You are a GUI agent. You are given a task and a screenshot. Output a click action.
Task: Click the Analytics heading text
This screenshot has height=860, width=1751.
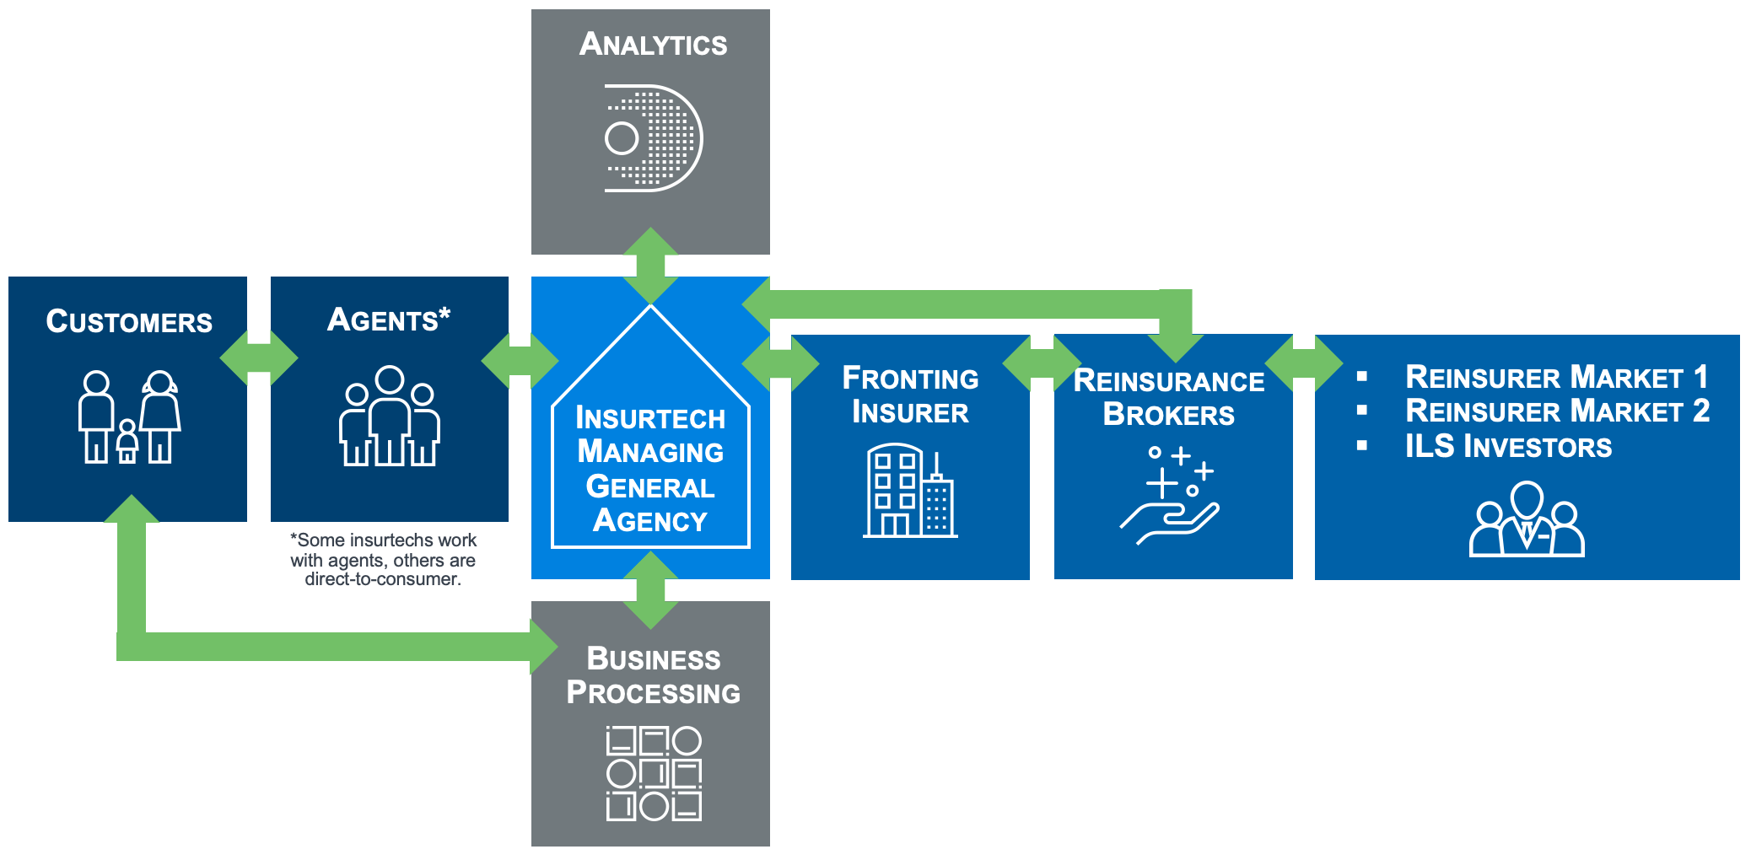[x=653, y=44]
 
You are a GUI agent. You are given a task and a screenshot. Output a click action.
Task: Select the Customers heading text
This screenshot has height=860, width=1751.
[x=129, y=321]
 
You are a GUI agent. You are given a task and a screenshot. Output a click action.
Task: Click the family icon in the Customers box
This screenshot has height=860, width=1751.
[x=129, y=417]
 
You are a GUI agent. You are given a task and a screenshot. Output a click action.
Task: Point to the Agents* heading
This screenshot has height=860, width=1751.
[x=389, y=320]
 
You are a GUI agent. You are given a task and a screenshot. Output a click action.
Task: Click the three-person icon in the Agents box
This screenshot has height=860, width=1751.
[x=390, y=417]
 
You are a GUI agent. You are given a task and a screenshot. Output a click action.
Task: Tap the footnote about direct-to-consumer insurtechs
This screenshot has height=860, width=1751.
[x=383, y=559]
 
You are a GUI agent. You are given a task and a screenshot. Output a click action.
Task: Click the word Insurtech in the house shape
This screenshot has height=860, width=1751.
[x=650, y=418]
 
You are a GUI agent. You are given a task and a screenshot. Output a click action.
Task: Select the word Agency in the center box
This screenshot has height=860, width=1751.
[x=650, y=520]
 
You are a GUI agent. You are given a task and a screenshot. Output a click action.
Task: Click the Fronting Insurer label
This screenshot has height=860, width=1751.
[x=910, y=395]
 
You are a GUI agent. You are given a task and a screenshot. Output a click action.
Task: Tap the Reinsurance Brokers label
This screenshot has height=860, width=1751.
[x=1169, y=397]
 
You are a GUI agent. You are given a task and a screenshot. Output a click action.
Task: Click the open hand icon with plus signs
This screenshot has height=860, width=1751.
[x=1170, y=496]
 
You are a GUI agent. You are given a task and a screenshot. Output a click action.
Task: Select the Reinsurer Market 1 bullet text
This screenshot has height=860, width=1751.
[x=1556, y=377]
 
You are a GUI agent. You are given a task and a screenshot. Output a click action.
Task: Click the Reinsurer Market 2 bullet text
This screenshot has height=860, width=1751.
[x=1557, y=411]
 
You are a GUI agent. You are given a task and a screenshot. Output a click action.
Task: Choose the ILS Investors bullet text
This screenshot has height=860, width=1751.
[x=1508, y=446]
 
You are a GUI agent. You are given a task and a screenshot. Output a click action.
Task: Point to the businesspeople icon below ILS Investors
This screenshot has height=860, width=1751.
[x=1527, y=519]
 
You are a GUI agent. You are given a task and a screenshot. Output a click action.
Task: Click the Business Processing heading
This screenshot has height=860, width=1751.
[x=653, y=675]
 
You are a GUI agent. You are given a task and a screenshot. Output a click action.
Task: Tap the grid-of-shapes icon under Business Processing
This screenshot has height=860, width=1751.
[x=654, y=773]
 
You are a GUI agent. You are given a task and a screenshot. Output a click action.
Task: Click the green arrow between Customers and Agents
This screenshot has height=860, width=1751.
[x=259, y=358]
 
